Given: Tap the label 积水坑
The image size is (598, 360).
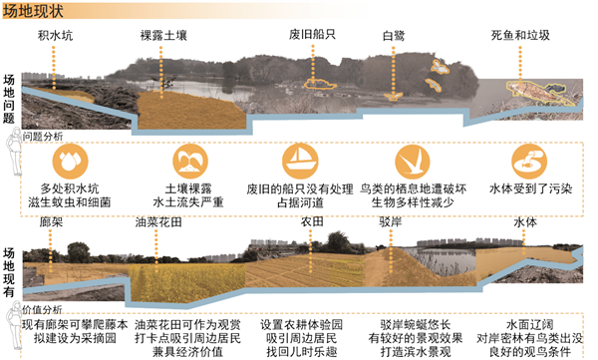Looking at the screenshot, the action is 56,36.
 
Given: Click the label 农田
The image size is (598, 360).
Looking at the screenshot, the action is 311,219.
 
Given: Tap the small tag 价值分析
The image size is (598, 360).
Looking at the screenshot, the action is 44,308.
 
